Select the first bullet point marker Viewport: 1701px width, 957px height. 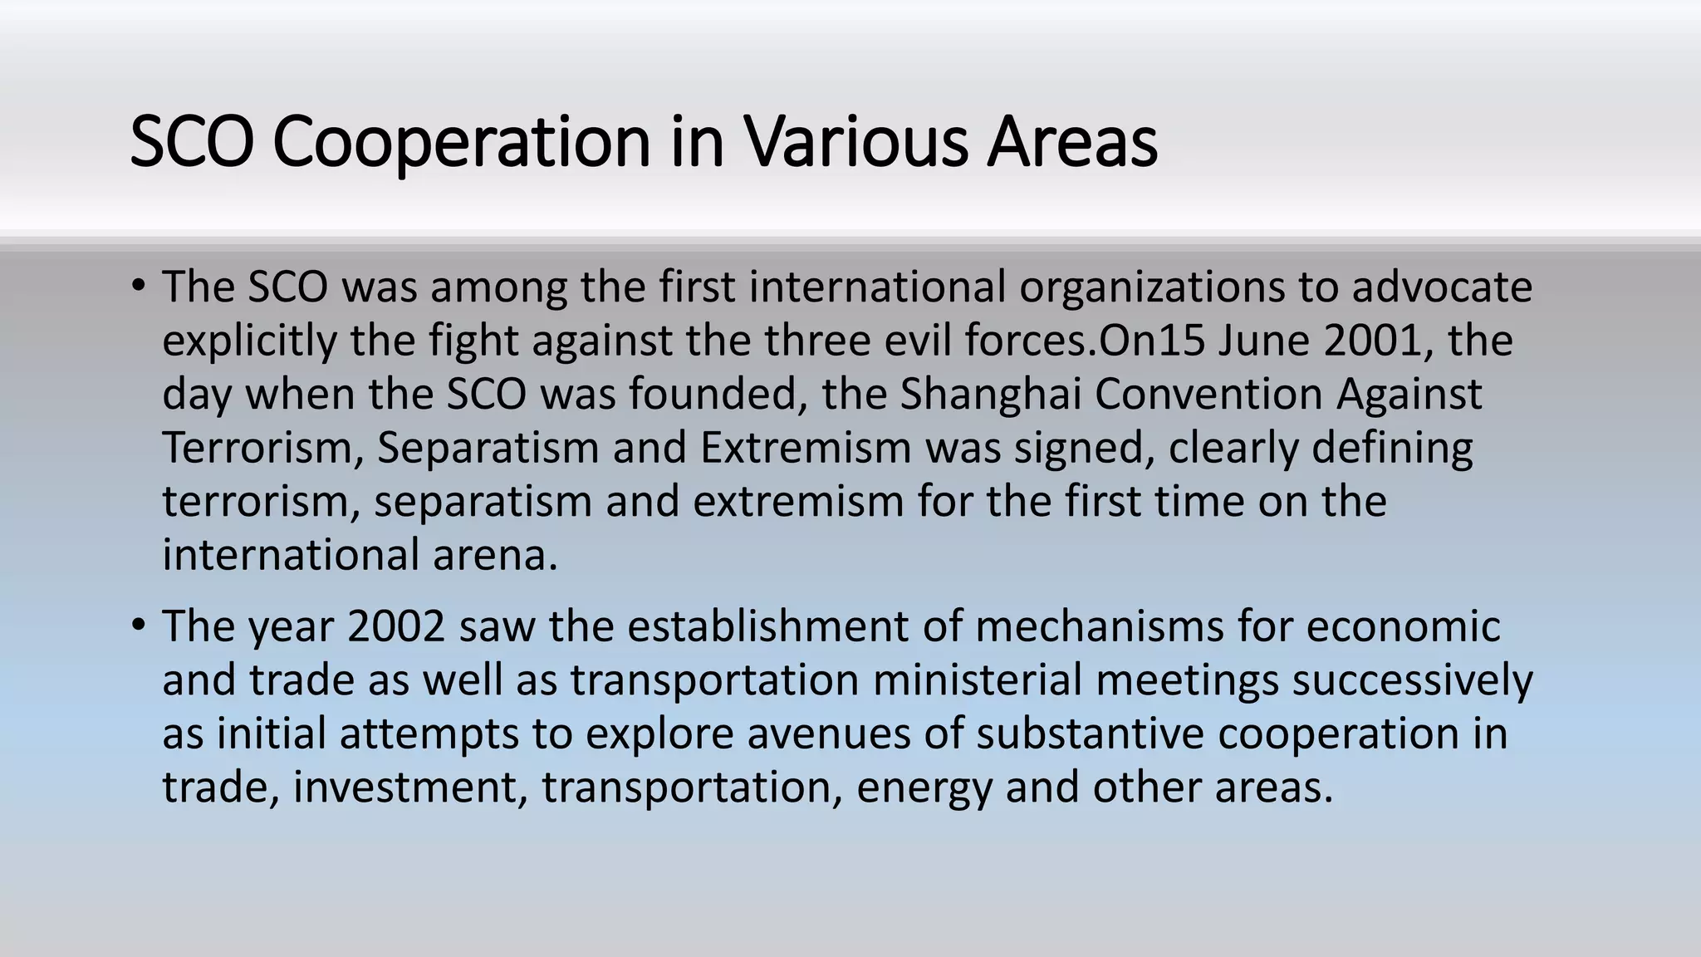[138, 286]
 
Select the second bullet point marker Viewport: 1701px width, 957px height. [138, 625]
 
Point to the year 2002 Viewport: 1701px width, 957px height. [396, 626]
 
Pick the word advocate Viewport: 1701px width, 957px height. [1442, 287]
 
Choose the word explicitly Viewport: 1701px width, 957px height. [249, 341]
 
